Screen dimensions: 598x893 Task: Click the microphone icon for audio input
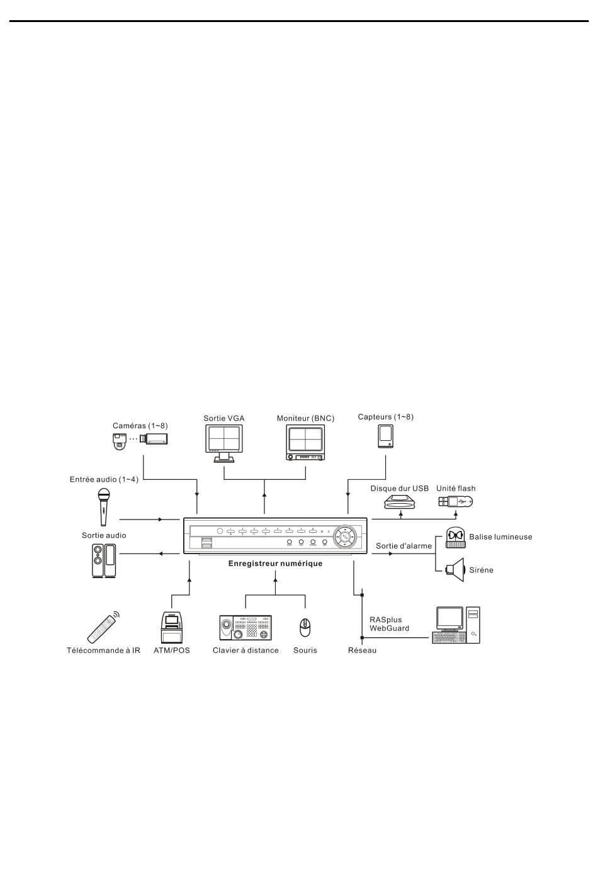[x=104, y=506]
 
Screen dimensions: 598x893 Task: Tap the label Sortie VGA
[x=224, y=418]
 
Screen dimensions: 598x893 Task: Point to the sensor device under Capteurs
[x=385, y=436]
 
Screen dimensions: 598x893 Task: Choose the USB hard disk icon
[x=401, y=502]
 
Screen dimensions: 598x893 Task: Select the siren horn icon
[x=454, y=569]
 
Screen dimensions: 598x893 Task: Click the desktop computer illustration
[x=456, y=625]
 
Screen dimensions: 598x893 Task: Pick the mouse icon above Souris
[x=305, y=627]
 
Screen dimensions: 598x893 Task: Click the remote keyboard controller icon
[x=245, y=627]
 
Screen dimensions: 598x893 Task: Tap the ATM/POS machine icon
[x=171, y=627]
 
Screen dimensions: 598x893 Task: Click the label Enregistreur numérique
[x=275, y=564]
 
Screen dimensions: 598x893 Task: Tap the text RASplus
[x=385, y=620]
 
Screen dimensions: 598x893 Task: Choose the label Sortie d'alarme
[x=403, y=546]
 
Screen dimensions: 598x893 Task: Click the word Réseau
[x=362, y=650]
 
